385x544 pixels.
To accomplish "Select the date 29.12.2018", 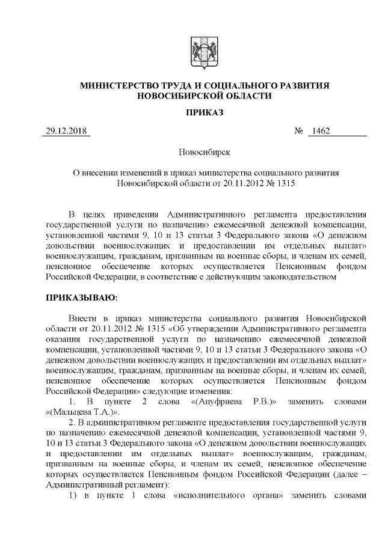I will point(66,132).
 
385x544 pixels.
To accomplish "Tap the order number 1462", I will point(319,132).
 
